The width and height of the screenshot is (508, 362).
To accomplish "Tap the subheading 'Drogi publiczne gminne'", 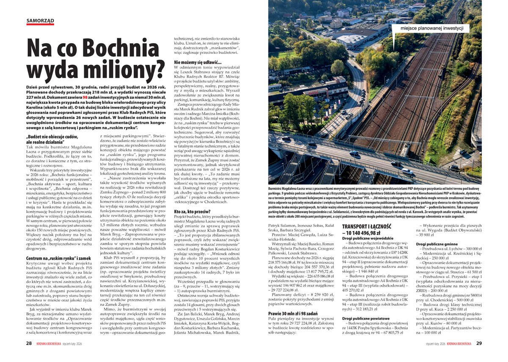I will pos(438,245).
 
